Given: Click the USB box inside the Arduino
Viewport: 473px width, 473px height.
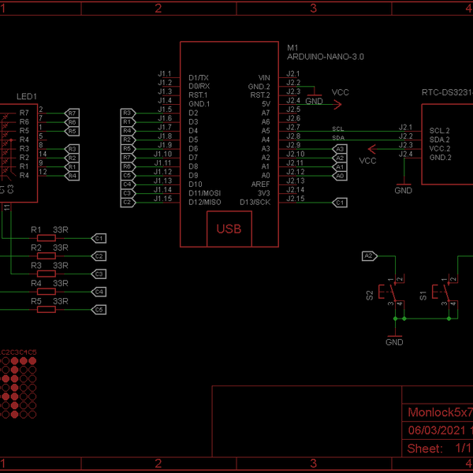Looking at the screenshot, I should (x=229, y=229).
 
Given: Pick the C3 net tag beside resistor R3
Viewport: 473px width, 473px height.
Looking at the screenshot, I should (x=99, y=274).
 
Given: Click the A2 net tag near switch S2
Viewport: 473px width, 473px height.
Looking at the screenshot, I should (x=369, y=255).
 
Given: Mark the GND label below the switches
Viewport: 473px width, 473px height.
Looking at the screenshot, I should (x=394, y=342).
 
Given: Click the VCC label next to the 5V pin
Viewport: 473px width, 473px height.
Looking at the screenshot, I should (x=340, y=92).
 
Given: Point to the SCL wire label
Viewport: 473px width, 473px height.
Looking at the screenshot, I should (x=337, y=128).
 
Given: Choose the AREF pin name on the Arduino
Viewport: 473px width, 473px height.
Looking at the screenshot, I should (x=260, y=184).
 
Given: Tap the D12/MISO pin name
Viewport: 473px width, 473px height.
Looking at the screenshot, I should (x=206, y=203).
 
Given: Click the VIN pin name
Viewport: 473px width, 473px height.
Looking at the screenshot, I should (x=264, y=76).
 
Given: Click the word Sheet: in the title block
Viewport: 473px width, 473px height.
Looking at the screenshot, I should (x=424, y=449).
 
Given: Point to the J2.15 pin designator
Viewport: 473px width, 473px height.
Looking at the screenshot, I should (x=295, y=199).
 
